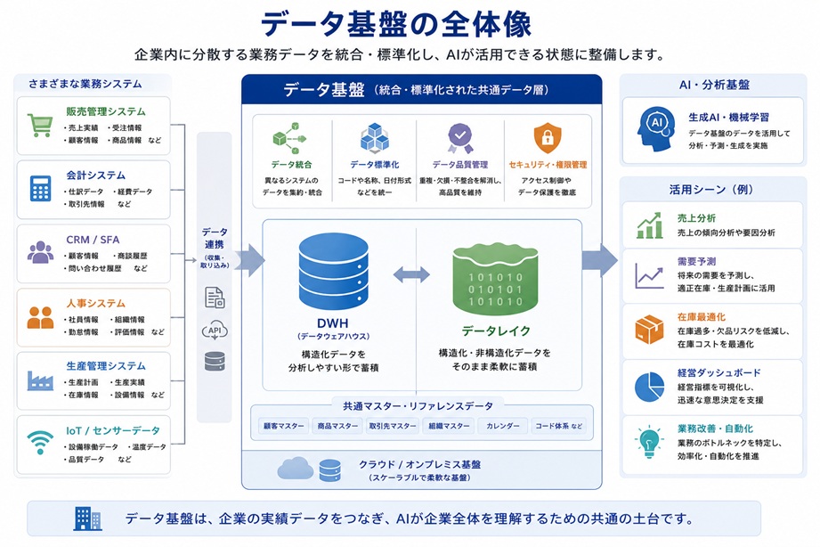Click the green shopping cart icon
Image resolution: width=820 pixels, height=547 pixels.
click(40, 126)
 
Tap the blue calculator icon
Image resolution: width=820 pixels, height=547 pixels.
click(40, 189)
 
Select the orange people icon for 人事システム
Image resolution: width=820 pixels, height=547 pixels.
click(40, 317)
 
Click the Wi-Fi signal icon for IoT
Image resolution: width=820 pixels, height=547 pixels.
click(40, 442)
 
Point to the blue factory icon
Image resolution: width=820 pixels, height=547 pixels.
click(40, 380)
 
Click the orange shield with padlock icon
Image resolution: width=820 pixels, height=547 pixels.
click(548, 138)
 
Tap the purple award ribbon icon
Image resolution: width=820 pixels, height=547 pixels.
click(460, 138)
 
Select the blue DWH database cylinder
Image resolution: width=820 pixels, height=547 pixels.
click(333, 272)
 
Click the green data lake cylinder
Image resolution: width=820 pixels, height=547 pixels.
click(495, 279)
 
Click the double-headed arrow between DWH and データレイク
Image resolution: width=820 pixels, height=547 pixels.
click(411, 274)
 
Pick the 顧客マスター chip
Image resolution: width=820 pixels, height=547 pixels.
click(284, 426)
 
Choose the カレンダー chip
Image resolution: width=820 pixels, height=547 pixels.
click(503, 426)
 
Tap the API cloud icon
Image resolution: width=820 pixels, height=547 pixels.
click(215, 331)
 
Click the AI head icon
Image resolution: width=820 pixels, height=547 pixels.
click(656, 129)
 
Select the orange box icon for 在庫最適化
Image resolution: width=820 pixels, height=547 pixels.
click(649, 330)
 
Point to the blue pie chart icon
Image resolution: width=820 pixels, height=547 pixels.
click(649, 387)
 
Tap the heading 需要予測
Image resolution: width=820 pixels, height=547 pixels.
click(696, 262)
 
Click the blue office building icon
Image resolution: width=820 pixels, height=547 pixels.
click(87, 518)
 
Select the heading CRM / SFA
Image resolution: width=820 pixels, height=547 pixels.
click(93, 240)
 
